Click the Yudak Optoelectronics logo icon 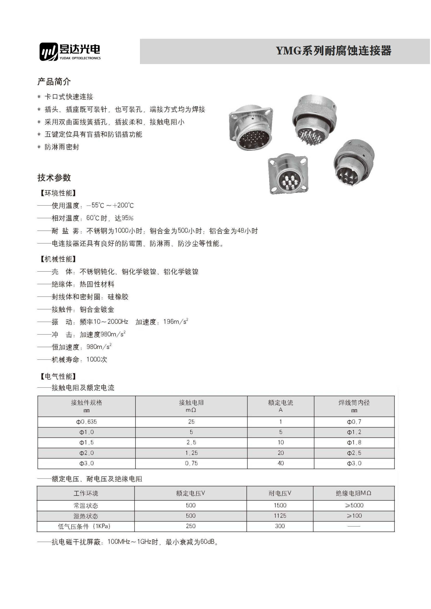[x=48, y=52]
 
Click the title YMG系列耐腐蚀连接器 [x=334, y=51]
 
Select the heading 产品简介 [x=54, y=81]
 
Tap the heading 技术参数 [x=54, y=178]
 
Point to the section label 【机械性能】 [x=58, y=259]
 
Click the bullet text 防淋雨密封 [x=62, y=147]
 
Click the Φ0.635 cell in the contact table [x=87, y=422]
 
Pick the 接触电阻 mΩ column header [x=191, y=406]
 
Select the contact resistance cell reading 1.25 [x=191, y=453]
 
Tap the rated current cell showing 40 [x=281, y=463]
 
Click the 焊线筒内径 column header [x=354, y=406]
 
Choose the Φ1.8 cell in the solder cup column [x=354, y=442]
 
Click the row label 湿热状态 [x=86, y=516]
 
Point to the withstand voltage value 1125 [x=280, y=516]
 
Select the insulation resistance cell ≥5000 [x=354, y=505]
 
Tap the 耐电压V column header [x=280, y=493]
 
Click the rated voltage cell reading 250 [x=190, y=526]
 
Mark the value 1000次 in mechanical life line [x=97, y=359]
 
